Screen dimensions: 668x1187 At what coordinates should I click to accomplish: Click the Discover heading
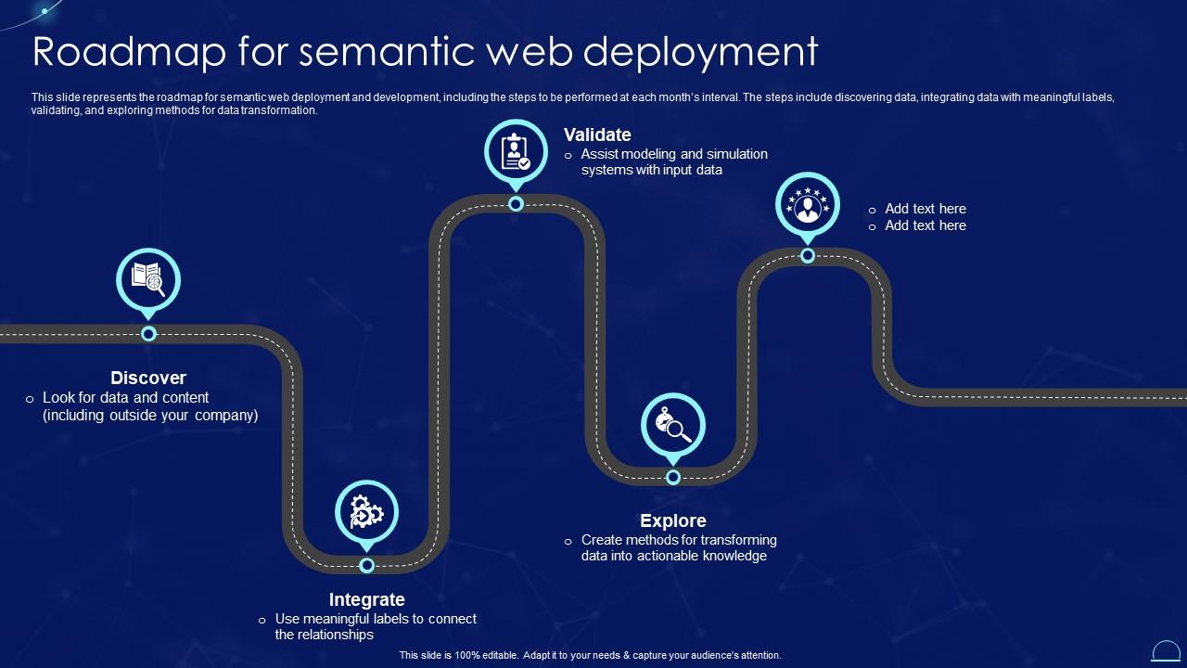(148, 378)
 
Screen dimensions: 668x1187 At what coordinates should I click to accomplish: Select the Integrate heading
(366, 599)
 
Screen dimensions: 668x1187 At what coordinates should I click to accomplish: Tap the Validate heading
(597, 135)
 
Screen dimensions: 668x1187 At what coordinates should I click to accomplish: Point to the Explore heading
(673, 520)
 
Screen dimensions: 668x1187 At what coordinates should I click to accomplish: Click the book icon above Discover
(148, 277)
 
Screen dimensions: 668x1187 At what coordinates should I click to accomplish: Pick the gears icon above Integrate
(366, 510)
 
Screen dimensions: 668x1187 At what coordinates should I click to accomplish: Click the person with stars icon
(808, 204)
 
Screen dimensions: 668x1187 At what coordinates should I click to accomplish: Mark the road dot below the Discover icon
(148, 334)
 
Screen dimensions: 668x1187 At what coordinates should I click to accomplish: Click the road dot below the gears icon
(366, 565)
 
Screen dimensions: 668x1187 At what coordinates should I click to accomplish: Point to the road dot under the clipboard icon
(516, 204)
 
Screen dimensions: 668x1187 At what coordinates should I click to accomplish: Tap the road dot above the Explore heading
(673, 477)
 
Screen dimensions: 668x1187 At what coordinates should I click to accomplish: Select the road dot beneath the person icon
(808, 255)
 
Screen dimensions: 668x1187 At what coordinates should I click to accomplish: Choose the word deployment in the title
(701, 52)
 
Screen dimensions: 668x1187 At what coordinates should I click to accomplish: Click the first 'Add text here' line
(925, 209)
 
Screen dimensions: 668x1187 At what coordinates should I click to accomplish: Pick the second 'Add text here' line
(925, 225)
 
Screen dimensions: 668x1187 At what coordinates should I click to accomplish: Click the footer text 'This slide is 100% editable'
(462, 655)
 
